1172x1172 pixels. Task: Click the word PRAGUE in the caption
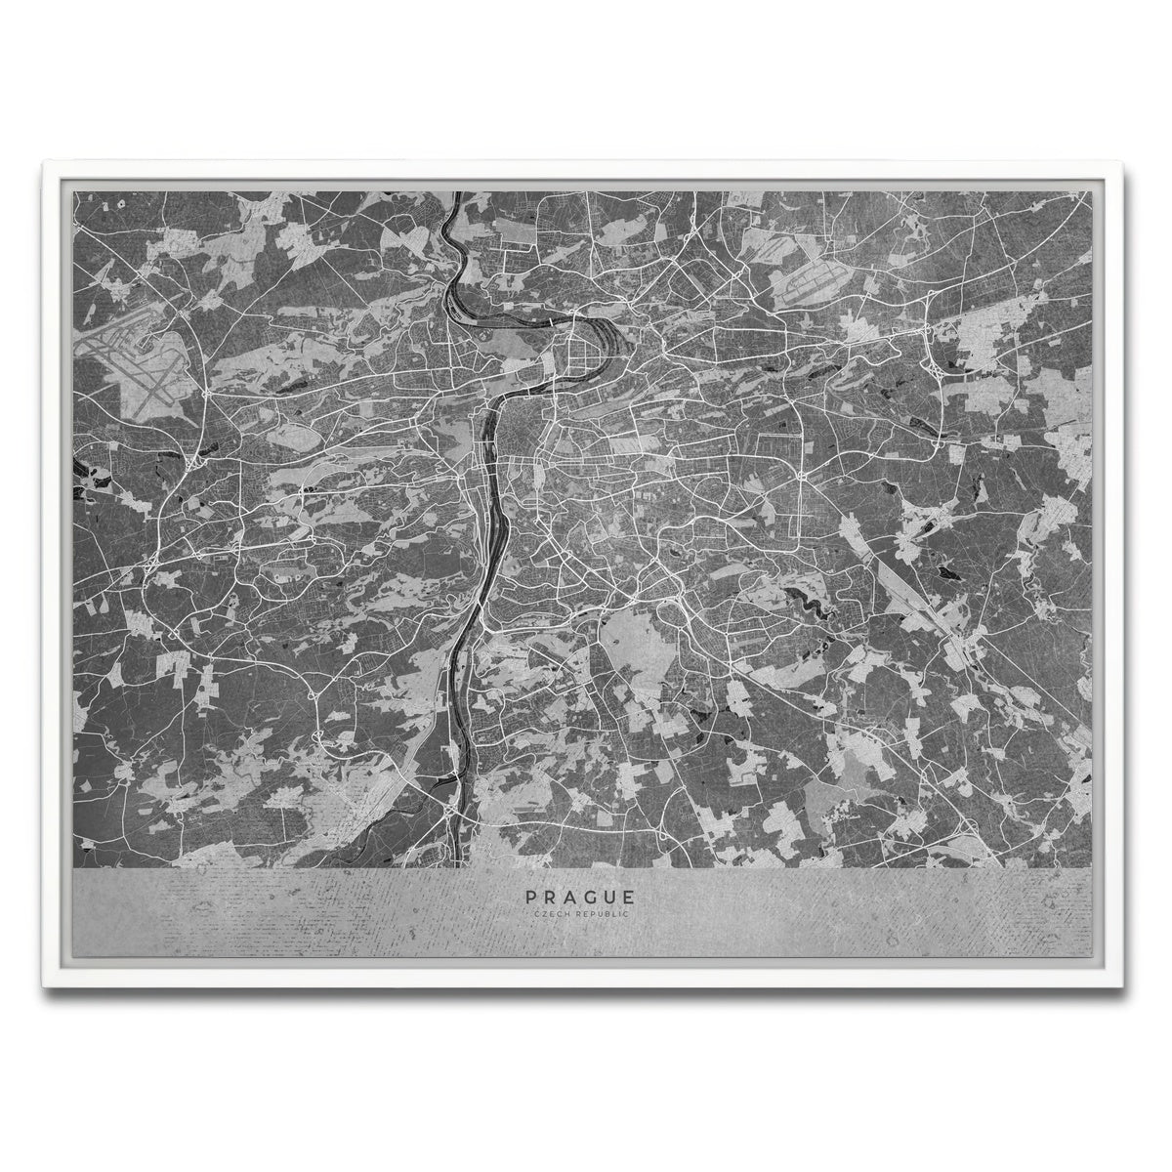(580, 896)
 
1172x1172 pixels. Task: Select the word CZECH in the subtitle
(548, 913)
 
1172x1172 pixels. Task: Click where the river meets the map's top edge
(456, 193)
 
